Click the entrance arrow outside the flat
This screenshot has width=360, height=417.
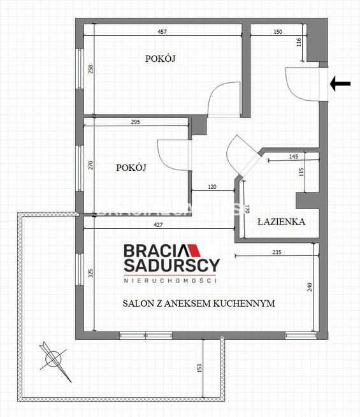click(341, 84)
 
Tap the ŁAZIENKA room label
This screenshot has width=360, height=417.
click(281, 222)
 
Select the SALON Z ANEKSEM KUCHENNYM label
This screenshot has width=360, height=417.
click(199, 304)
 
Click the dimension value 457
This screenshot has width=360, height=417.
click(162, 32)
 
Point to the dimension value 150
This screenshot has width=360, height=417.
click(278, 32)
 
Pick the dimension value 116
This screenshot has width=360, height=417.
click(298, 43)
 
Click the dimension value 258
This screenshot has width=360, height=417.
click(90, 70)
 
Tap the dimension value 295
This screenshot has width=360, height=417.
click(135, 122)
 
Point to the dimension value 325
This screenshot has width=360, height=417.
click(90, 274)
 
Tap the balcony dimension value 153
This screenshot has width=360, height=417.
click(199, 368)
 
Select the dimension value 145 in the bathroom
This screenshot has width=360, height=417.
click(293, 156)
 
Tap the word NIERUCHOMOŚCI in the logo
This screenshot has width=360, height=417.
click(170, 281)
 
